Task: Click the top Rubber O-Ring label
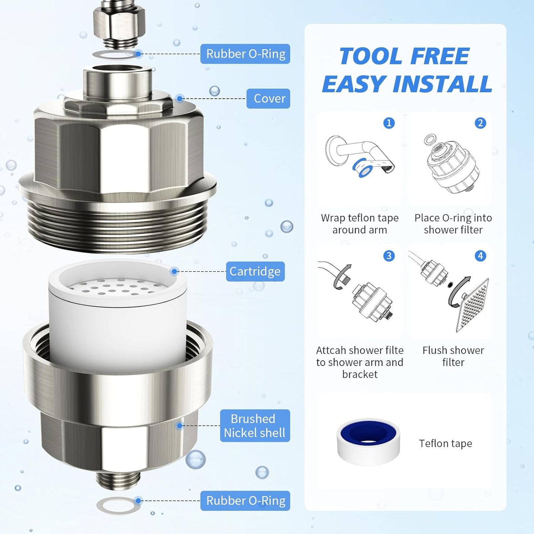(245, 54)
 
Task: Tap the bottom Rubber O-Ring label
(245, 501)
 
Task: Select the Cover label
(269, 99)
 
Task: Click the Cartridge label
(255, 272)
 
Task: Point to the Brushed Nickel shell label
(255, 426)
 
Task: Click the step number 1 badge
(389, 123)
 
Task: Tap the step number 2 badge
(480, 123)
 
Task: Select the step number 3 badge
(389, 256)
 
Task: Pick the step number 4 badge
(480, 256)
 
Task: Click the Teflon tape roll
(368, 442)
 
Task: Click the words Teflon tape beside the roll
(445, 443)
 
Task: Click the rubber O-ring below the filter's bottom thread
(118, 505)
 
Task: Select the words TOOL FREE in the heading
(404, 56)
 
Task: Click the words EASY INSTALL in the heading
(407, 84)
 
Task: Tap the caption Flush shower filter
(453, 356)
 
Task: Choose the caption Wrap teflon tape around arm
(360, 224)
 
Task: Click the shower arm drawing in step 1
(358, 155)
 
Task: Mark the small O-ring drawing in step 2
(430, 139)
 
